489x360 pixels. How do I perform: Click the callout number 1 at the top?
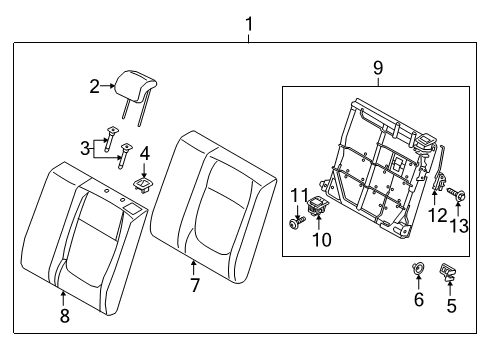click(249, 23)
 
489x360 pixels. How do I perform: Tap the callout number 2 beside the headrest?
click(94, 87)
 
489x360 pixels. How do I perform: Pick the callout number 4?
click(145, 153)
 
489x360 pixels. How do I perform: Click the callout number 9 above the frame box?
click(378, 70)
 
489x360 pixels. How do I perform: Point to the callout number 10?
click(322, 240)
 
